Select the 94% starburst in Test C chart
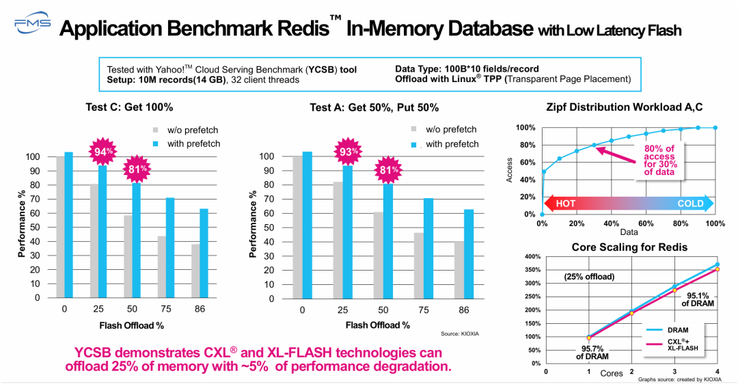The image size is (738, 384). coord(101,151)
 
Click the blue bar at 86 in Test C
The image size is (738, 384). coord(204,253)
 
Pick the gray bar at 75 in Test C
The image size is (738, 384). coord(161,266)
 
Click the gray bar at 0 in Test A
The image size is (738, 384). coord(297,227)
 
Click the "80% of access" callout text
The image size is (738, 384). coord(659,159)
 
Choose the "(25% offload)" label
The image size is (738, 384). coord(590,277)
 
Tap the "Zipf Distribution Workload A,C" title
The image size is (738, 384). coord(625,107)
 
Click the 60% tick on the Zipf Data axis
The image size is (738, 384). coord(646,223)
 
